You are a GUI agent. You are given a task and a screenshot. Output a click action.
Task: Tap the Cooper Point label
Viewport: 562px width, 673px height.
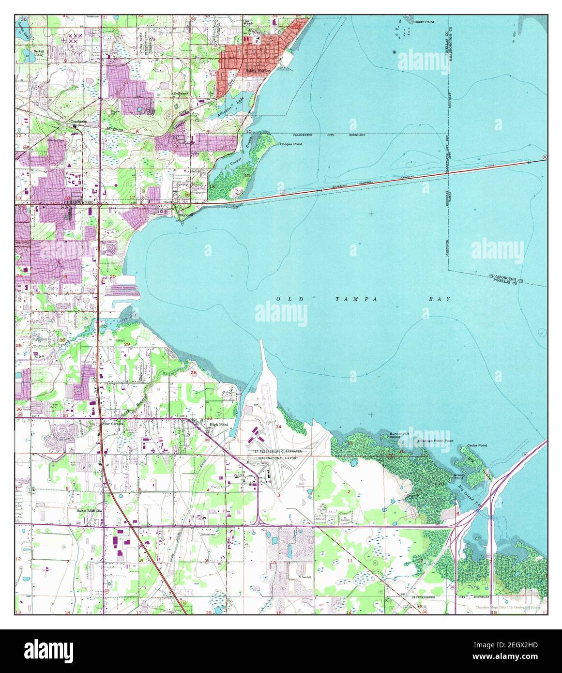point(291,144)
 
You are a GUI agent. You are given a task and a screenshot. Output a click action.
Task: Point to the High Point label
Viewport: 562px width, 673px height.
point(218,425)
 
